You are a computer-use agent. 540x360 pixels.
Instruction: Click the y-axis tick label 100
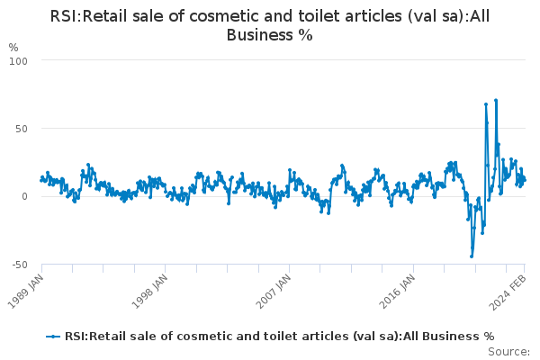(18, 61)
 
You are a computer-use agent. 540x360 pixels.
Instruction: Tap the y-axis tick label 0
(25, 197)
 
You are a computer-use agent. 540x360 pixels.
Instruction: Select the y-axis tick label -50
(20, 265)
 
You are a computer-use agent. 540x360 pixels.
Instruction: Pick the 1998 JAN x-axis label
(150, 291)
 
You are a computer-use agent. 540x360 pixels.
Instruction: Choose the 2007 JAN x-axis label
(274, 291)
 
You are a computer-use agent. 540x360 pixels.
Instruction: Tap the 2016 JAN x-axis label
(398, 291)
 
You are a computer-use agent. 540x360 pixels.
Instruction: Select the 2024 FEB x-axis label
(508, 292)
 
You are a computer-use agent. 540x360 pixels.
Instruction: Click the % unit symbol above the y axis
(13, 48)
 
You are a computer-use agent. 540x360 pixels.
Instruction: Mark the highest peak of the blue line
(496, 100)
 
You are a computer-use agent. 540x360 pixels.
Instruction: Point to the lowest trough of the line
(472, 256)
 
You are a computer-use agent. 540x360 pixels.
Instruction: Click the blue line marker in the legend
(53, 337)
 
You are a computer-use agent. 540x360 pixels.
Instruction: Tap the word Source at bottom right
(508, 352)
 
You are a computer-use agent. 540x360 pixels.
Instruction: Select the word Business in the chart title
(260, 35)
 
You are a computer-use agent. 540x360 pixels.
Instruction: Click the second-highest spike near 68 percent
(486, 104)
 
